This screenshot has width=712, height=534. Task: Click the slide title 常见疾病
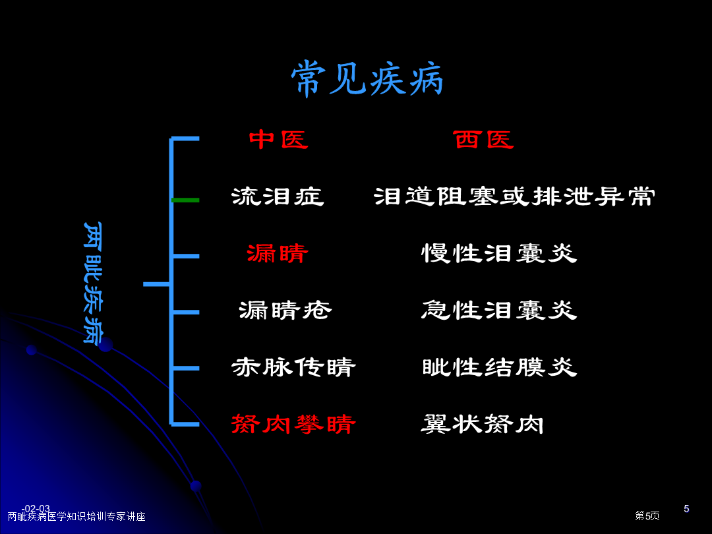367,79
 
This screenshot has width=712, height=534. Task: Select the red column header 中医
279,139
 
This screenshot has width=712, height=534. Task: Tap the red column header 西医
484,139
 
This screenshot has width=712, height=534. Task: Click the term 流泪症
278,196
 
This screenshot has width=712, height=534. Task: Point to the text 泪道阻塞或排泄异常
514,196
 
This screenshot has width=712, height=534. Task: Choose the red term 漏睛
278,253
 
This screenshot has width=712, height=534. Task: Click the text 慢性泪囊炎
499,253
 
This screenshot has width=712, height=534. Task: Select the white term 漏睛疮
285,311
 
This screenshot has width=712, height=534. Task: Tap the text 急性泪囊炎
499,311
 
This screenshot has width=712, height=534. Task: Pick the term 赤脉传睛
293,367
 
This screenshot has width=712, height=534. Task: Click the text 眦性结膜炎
500,367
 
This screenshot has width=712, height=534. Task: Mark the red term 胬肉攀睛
293,424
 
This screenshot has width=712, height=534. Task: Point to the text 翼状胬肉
482,424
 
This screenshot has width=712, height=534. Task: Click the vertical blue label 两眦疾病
93,282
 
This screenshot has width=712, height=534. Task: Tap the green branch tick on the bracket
185,200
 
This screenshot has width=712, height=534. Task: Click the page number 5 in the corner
686,508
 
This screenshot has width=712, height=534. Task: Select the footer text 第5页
647,516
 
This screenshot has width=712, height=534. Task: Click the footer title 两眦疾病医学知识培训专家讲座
76,517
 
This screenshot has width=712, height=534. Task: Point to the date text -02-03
36,508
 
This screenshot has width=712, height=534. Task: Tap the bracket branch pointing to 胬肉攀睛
185,425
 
